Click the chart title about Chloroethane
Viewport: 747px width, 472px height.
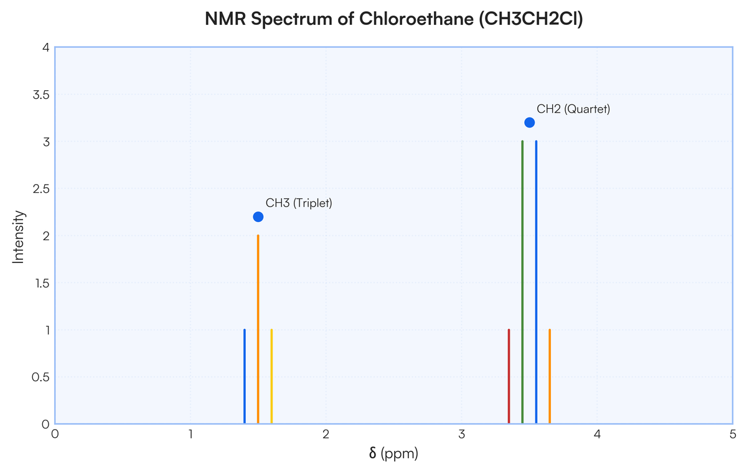pyautogui.click(x=394, y=19)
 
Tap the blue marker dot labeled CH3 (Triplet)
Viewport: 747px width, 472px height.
pyautogui.click(x=258, y=217)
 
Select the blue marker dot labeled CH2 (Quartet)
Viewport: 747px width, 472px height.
pyautogui.click(x=530, y=123)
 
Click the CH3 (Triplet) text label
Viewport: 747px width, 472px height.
pyautogui.click(x=299, y=203)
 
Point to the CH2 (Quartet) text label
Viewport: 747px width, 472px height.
pyautogui.click(x=573, y=109)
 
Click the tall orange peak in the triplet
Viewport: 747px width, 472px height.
pyautogui.click(x=258, y=330)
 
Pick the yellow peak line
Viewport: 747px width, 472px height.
pyautogui.click(x=271, y=376)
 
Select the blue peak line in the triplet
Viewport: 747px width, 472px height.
pyautogui.click(x=245, y=376)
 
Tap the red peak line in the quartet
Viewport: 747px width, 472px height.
pyautogui.click(x=509, y=376)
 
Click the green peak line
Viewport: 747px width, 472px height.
pyautogui.click(x=522, y=282)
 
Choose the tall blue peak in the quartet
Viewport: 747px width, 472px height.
pyautogui.click(x=536, y=282)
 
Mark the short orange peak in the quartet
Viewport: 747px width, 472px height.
pyautogui.click(x=550, y=376)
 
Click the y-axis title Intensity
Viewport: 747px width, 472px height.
pyautogui.click(x=18, y=237)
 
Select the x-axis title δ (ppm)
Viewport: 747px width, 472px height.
pyautogui.click(x=393, y=454)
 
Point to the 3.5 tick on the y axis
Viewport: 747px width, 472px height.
pyautogui.click(x=41, y=95)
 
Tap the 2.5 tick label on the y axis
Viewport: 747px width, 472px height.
pyautogui.click(x=41, y=189)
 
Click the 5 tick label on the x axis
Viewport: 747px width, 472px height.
pyautogui.click(x=733, y=434)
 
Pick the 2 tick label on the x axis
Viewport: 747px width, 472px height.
pyautogui.click(x=326, y=434)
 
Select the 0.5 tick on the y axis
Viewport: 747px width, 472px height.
pyautogui.click(x=40, y=377)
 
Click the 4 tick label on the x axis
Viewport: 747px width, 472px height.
pyautogui.click(x=597, y=434)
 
